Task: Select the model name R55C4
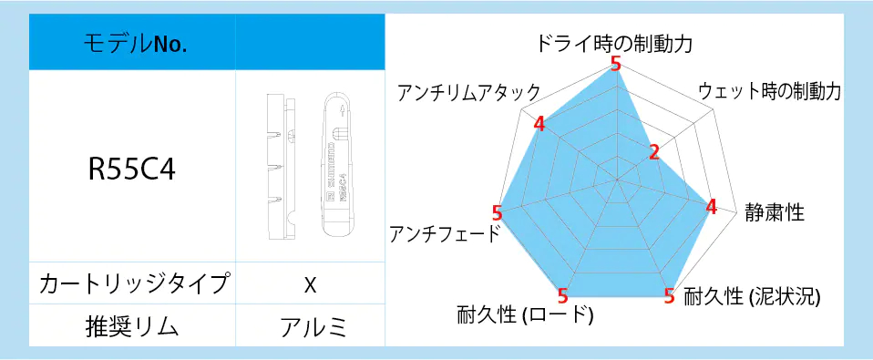[132, 169]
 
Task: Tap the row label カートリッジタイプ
[132, 283]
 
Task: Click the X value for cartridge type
[310, 284]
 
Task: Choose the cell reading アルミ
[310, 325]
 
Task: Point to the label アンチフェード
[444, 234]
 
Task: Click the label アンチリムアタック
[468, 92]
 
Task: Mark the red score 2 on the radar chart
[653, 152]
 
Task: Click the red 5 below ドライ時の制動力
[616, 64]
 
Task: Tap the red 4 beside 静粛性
[712, 206]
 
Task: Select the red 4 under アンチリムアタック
[539, 123]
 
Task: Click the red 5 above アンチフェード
[497, 212]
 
